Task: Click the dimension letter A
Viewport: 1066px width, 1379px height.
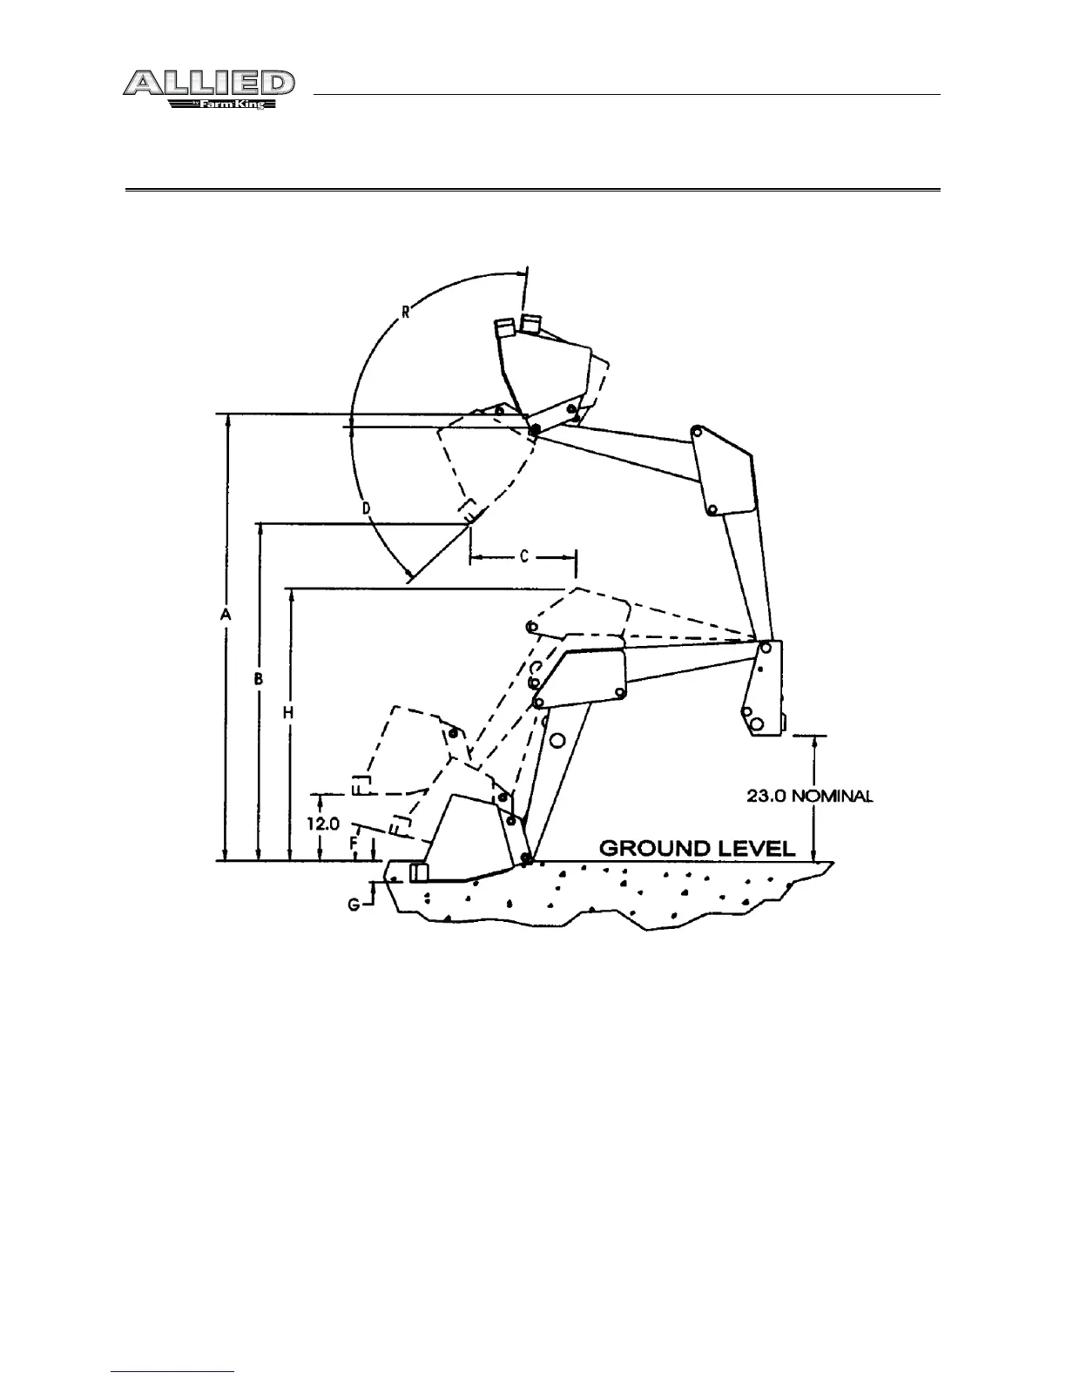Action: point(225,615)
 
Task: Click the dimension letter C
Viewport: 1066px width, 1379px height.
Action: point(524,556)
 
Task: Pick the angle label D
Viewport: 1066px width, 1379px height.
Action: point(367,507)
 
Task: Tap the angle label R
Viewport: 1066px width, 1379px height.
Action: point(407,311)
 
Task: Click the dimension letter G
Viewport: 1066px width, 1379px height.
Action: point(354,905)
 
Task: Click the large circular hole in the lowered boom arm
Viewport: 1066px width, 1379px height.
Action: point(558,738)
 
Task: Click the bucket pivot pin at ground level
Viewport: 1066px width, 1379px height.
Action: point(526,860)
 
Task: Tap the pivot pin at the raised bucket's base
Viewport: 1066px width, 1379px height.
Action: point(534,428)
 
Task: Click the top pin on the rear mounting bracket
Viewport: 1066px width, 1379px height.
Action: point(765,648)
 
